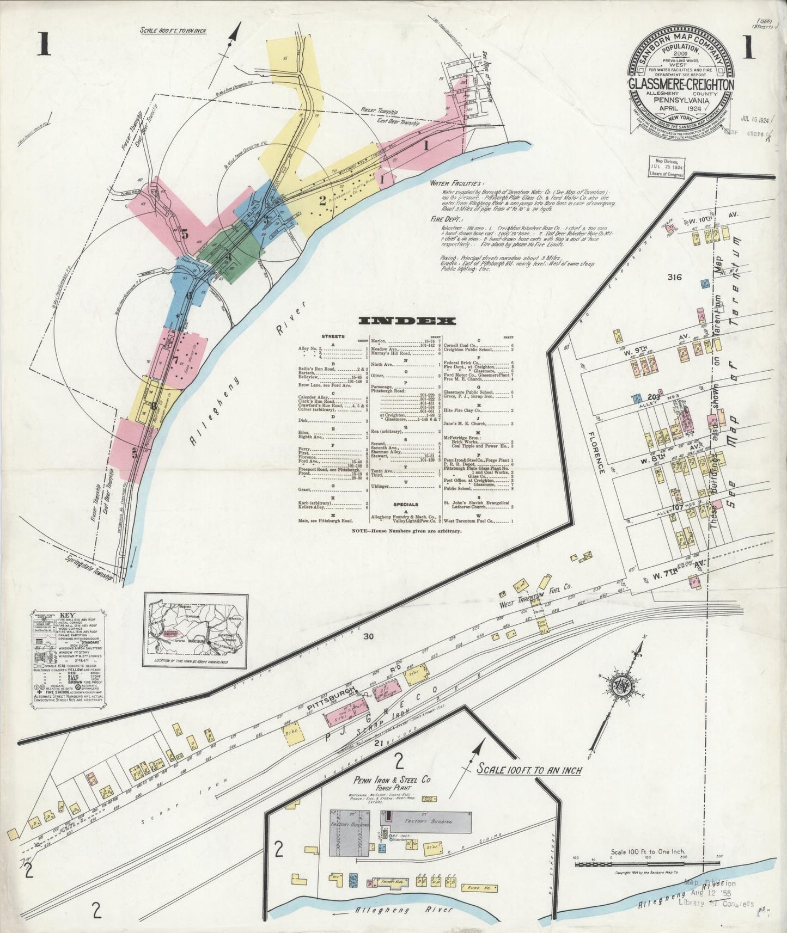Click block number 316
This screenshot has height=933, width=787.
click(x=674, y=277)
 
